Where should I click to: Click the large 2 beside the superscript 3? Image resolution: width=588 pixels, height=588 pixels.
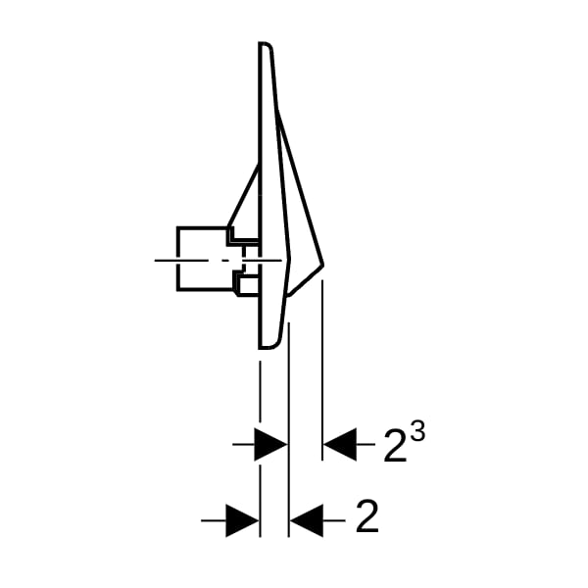(395, 445)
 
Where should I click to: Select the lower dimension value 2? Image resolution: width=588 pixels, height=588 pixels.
(367, 516)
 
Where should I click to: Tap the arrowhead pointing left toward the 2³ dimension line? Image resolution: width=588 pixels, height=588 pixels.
(340, 444)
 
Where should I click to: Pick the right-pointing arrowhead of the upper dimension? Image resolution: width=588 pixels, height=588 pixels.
(270, 444)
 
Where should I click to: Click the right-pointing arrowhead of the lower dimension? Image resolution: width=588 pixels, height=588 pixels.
(243, 520)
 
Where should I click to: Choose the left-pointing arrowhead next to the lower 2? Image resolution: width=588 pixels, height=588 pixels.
(307, 520)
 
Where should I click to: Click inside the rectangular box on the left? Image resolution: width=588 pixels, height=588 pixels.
(202, 259)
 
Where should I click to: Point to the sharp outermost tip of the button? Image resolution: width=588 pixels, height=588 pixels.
(322, 265)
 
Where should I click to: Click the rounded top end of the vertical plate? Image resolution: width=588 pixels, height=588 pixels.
(266, 44)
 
